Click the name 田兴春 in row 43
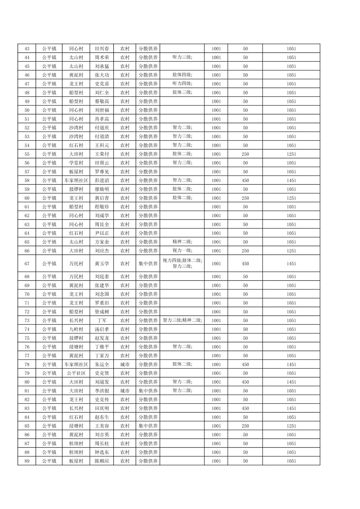coord(102,49)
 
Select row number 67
coord(27,264)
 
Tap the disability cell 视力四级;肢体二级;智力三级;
coord(182,263)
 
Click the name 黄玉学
coord(102,264)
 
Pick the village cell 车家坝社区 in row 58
coord(76,180)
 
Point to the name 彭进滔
coord(102,180)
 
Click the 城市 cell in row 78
coord(125,364)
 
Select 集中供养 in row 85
coord(148,426)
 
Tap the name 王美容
coord(102,426)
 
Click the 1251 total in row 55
coord(291,154)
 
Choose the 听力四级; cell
coord(182,84)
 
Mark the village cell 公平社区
coord(76,373)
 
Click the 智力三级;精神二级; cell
coord(182,320)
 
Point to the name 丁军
coord(102,320)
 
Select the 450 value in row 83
coord(245,408)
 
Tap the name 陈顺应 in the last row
coord(102,461)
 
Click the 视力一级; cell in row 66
coord(182,251)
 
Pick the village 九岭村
coord(76,329)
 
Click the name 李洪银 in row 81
coord(102,391)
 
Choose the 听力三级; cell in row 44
coord(182,57)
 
